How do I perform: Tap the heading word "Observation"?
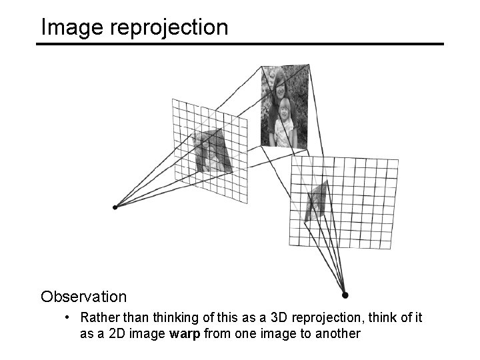(83, 295)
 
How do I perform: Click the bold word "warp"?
(185, 333)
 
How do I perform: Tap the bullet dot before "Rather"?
(69, 316)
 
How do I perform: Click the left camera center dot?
(115, 207)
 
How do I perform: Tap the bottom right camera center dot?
(345, 295)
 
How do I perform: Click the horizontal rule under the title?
(240, 44)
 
